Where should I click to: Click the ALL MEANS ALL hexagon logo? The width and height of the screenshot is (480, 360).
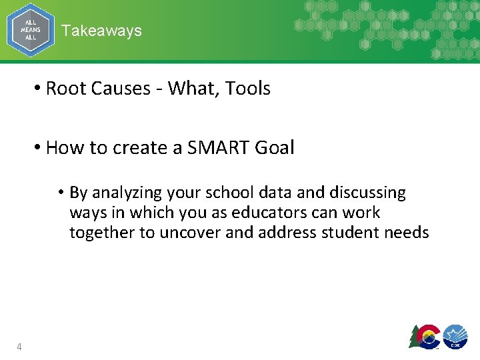[x=30, y=30]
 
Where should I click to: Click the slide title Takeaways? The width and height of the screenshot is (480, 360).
[x=101, y=31]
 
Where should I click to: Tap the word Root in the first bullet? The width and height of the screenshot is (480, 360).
[x=65, y=88]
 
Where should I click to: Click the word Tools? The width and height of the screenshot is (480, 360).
[x=247, y=88]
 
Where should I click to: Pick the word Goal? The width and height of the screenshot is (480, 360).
[x=274, y=147]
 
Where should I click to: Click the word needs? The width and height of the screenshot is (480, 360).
[x=408, y=233]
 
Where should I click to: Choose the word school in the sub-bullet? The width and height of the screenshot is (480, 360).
[x=231, y=193]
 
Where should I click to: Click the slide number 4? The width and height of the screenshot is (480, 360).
[x=19, y=346]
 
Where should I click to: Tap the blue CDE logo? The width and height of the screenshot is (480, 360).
[x=455, y=337]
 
